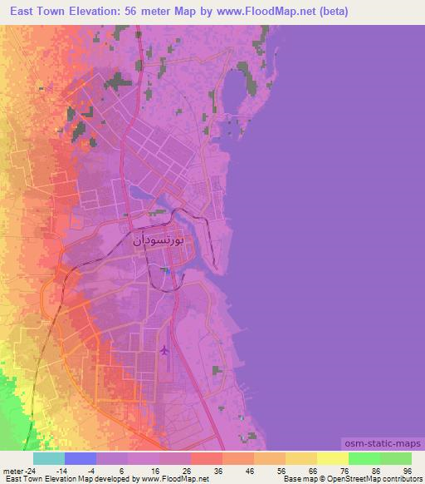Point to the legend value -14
[61, 470]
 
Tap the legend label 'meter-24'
[17, 470]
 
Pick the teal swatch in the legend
[48, 458]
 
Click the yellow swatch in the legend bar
[332, 458]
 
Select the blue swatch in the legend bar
[80, 458]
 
